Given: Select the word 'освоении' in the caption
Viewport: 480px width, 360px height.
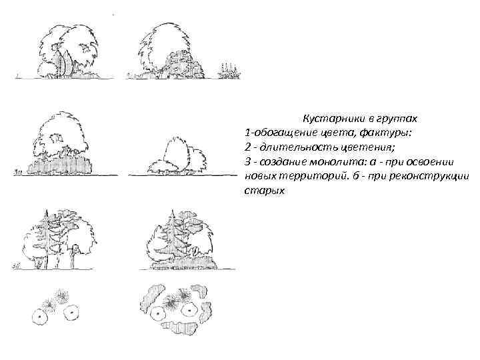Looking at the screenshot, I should pyautogui.click(x=431, y=162).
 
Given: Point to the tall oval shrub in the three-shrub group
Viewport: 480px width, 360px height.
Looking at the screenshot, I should pyautogui.click(x=175, y=153).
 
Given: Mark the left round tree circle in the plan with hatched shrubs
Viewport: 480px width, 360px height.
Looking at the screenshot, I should pyautogui.click(x=160, y=314).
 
